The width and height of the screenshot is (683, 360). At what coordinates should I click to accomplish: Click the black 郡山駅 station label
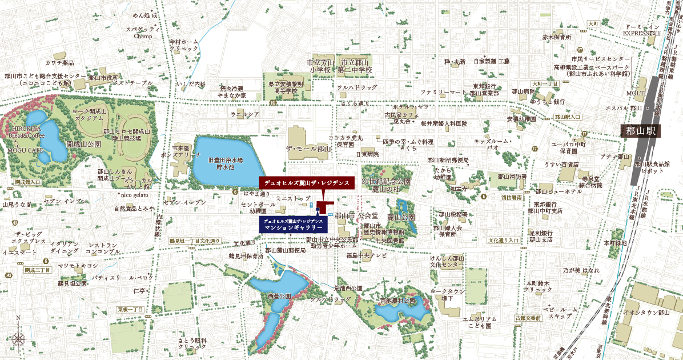coord(641,131)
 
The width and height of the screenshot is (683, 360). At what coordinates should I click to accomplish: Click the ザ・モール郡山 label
coord(308,149)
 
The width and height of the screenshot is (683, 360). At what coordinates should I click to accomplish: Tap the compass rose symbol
coord(18,338)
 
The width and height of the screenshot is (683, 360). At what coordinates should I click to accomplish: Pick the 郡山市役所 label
coord(103,77)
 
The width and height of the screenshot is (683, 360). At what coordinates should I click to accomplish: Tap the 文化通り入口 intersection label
coord(503,241)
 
